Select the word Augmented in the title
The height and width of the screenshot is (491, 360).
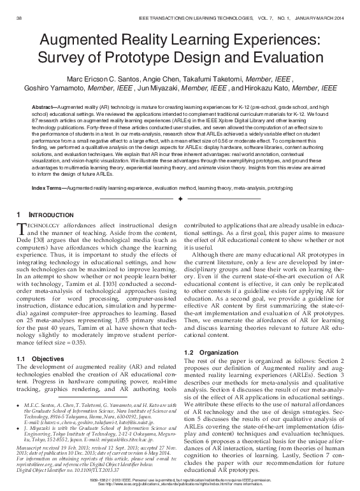pos(79,40)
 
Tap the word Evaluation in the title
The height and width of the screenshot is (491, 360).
pos(287,59)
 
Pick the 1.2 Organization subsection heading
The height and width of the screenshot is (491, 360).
pos(210,352)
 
